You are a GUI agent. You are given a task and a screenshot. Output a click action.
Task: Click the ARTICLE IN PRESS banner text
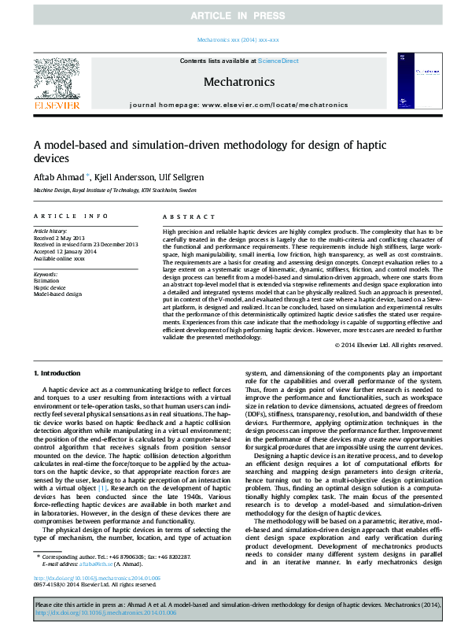(x=234, y=16)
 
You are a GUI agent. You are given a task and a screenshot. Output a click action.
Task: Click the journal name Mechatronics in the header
(x=239, y=82)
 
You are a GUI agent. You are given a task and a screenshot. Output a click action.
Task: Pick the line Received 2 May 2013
(x=60, y=239)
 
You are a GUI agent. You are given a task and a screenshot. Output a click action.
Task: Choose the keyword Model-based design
(x=57, y=294)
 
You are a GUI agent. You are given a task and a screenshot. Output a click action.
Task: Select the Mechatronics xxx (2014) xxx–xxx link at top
(x=234, y=39)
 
